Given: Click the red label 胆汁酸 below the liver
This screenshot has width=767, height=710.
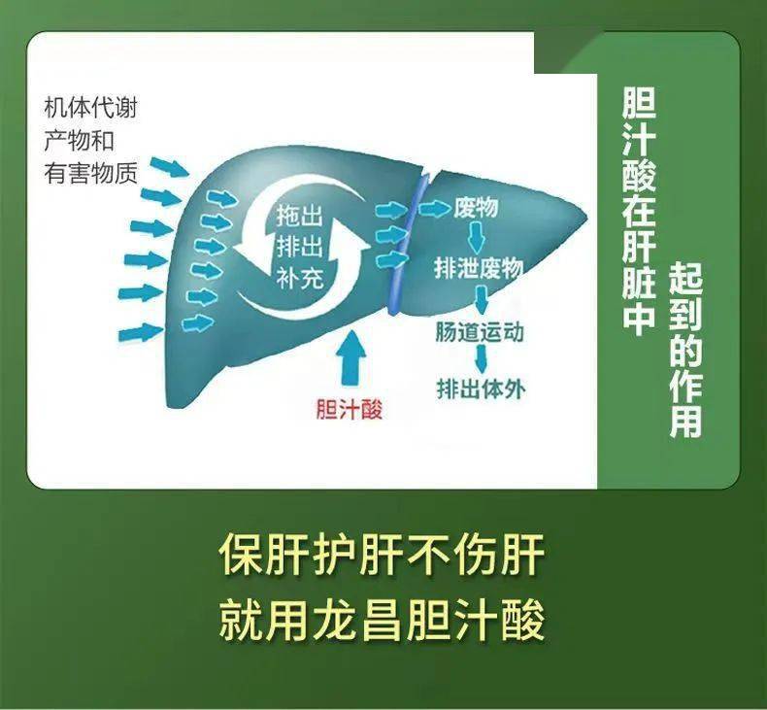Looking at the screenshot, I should [x=350, y=410].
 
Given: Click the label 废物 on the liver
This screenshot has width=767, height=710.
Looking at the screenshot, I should [x=476, y=208].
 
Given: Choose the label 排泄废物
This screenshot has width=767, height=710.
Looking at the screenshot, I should [x=480, y=269].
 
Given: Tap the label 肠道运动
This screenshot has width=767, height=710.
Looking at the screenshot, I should [x=480, y=332].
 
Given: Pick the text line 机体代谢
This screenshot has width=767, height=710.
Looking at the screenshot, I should [x=90, y=108].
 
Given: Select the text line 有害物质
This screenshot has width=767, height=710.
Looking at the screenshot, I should [x=90, y=173].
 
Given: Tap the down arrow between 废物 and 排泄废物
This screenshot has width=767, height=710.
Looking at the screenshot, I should [x=477, y=238].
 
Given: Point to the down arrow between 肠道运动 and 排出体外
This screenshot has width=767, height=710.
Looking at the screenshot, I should [x=480, y=360].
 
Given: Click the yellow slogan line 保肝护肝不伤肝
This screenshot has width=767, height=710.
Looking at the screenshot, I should [x=382, y=555].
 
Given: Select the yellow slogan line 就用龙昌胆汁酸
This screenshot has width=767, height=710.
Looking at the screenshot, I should [x=382, y=619].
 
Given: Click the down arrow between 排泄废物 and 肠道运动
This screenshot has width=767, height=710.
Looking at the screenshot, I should [x=480, y=300].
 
